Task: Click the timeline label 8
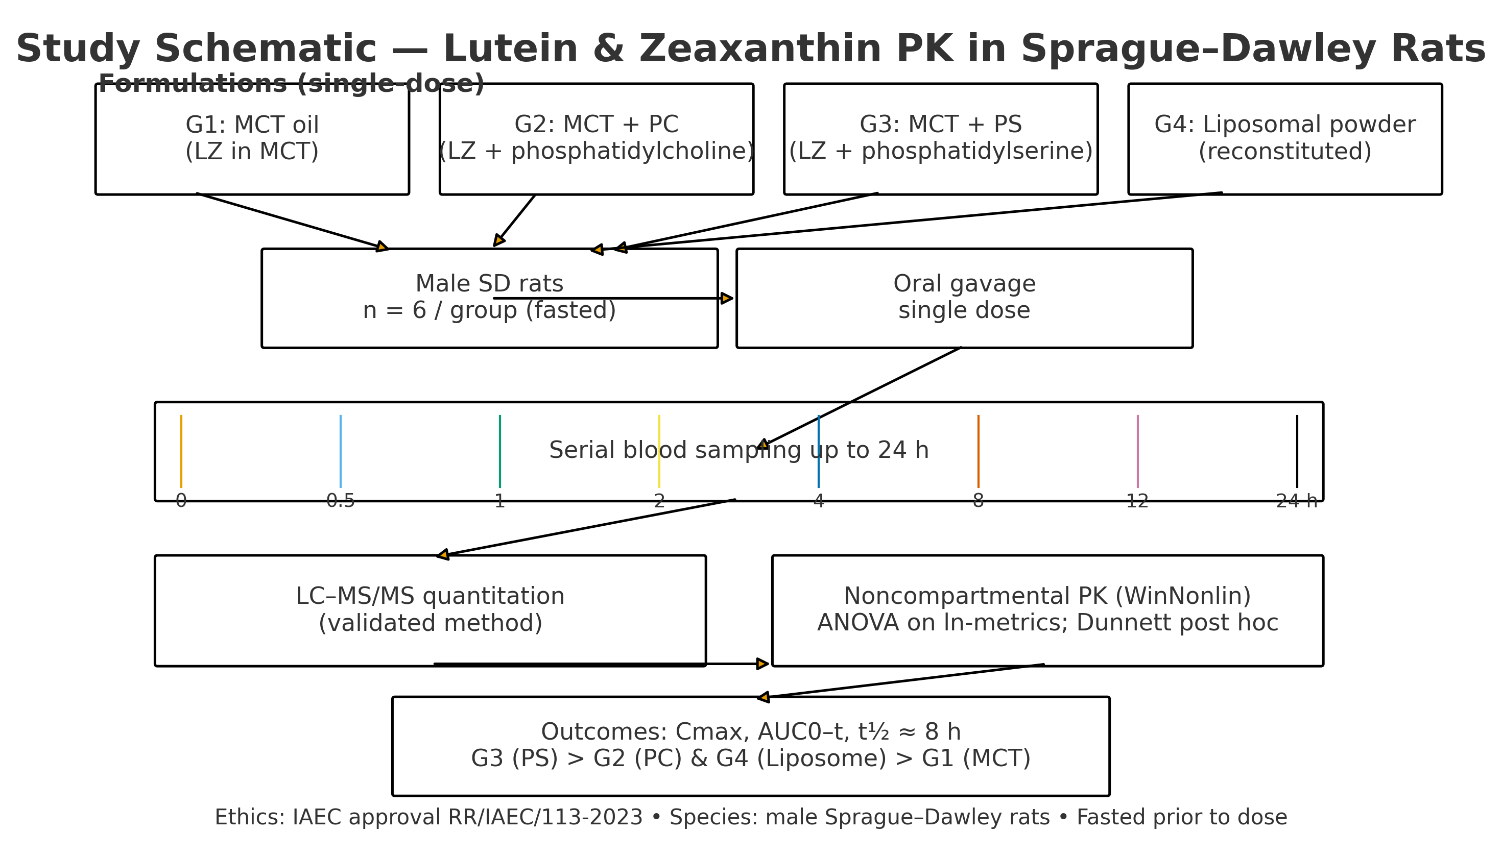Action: [978, 501]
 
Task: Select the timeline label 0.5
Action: [341, 501]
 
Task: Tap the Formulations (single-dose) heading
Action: [291, 84]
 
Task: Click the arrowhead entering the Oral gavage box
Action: [727, 299]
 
